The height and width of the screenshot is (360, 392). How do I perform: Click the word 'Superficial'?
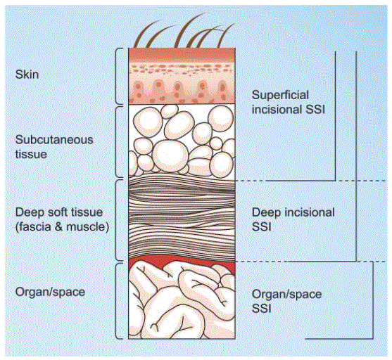(x=279, y=94)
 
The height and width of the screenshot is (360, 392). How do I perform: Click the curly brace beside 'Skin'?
(x=120, y=76)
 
